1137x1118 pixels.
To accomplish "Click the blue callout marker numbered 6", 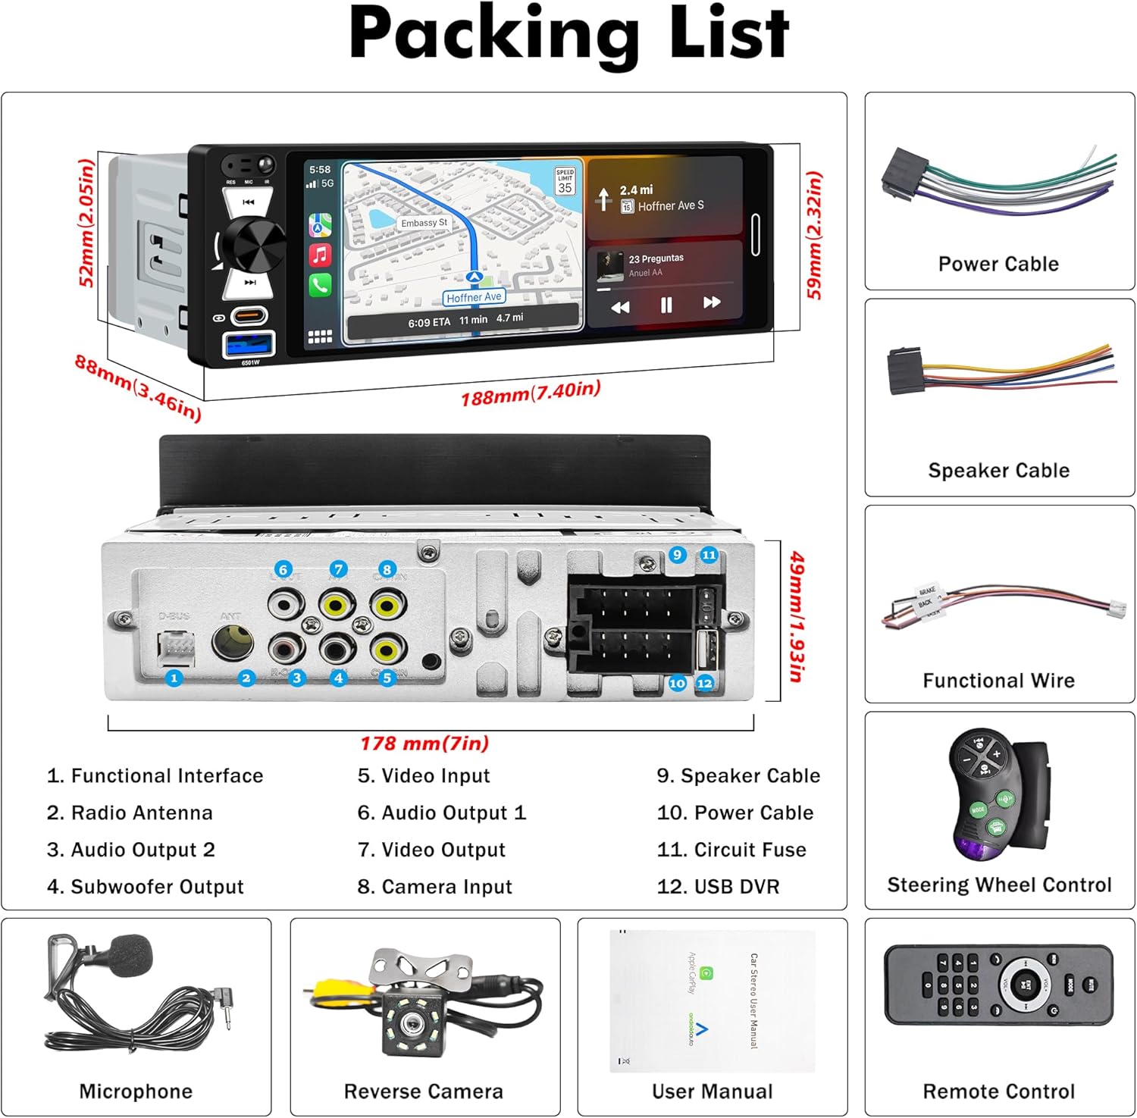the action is (x=283, y=569).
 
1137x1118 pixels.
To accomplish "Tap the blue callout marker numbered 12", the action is (x=705, y=683).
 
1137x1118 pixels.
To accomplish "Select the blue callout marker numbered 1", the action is (x=174, y=678).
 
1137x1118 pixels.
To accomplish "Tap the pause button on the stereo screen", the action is (x=666, y=305).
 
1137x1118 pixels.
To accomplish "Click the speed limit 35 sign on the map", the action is (x=565, y=182).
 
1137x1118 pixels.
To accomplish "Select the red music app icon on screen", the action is (x=320, y=255).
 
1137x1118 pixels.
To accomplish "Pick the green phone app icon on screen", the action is (x=320, y=285).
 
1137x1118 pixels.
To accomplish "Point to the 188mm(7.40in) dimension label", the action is (x=531, y=393).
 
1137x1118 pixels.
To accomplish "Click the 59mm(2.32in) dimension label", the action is (x=814, y=235).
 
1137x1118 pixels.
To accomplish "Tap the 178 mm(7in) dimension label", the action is (x=424, y=743).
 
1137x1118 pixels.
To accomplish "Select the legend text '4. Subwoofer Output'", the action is (x=146, y=886).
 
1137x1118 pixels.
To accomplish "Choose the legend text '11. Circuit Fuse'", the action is (x=731, y=850).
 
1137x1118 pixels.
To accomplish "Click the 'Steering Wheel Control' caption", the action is (x=999, y=885).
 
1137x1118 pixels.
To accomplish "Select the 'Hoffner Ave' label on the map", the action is (x=474, y=298).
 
